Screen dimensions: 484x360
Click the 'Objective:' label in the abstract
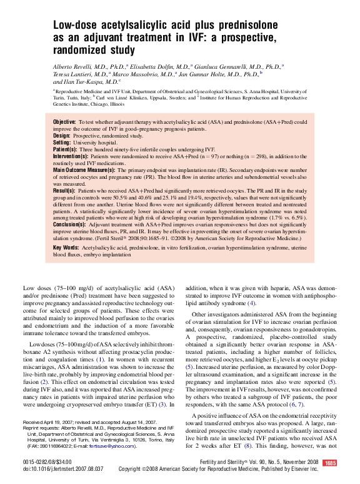point(64,121)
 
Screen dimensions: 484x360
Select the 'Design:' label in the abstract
point(62,135)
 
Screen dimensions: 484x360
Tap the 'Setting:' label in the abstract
point(62,143)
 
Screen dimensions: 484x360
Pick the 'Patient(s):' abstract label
point(65,150)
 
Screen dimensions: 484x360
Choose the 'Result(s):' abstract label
point(65,190)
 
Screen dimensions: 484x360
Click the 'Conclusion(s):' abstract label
point(70,223)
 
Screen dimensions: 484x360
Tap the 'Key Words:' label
point(66,248)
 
